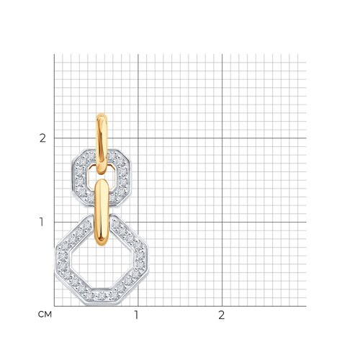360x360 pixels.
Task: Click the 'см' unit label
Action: click(x=45, y=315)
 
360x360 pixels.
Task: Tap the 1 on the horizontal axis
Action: click(x=136, y=315)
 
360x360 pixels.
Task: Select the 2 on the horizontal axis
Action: click(x=222, y=315)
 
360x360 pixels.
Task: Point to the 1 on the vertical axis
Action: click(x=42, y=222)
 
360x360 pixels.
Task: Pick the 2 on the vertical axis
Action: click(x=42, y=138)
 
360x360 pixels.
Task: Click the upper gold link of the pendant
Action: click(x=102, y=144)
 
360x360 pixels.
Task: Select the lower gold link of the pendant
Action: click(x=102, y=212)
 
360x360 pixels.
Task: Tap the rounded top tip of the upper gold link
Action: click(x=102, y=114)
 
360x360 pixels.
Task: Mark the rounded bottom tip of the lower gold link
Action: click(x=102, y=246)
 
